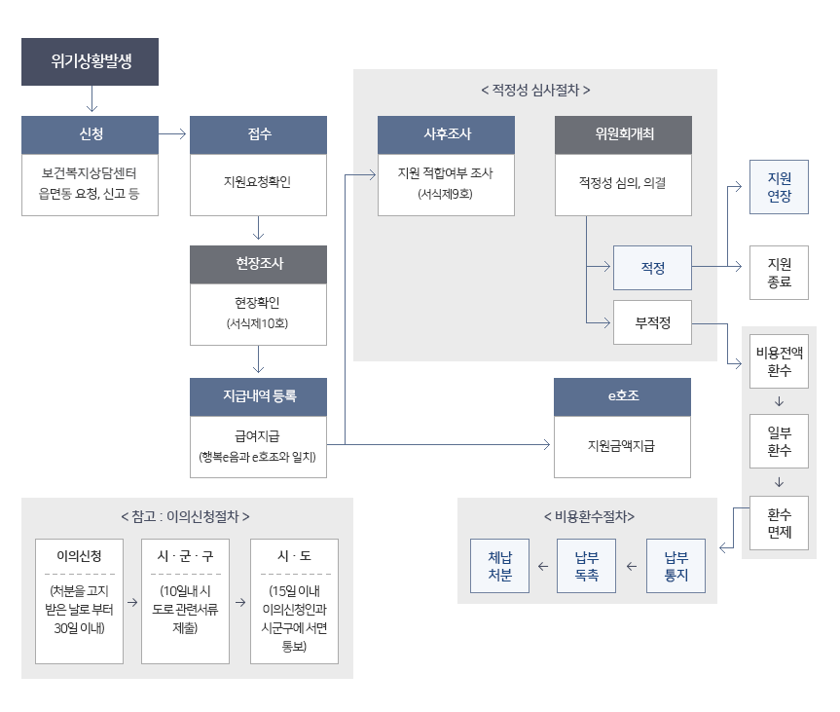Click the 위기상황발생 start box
tap(90, 62)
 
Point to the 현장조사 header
tap(258, 264)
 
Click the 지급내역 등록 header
tap(258, 397)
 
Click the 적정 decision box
tap(652, 268)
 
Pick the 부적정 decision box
tap(652, 322)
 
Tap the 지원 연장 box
tap(779, 188)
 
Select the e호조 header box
tap(622, 397)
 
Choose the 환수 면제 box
tap(779, 523)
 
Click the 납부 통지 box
tap(676, 566)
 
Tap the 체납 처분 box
tap(499, 566)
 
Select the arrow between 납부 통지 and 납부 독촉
tap(632, 566)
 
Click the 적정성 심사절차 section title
tap(535, 90)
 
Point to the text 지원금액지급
tap(622, 446)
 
